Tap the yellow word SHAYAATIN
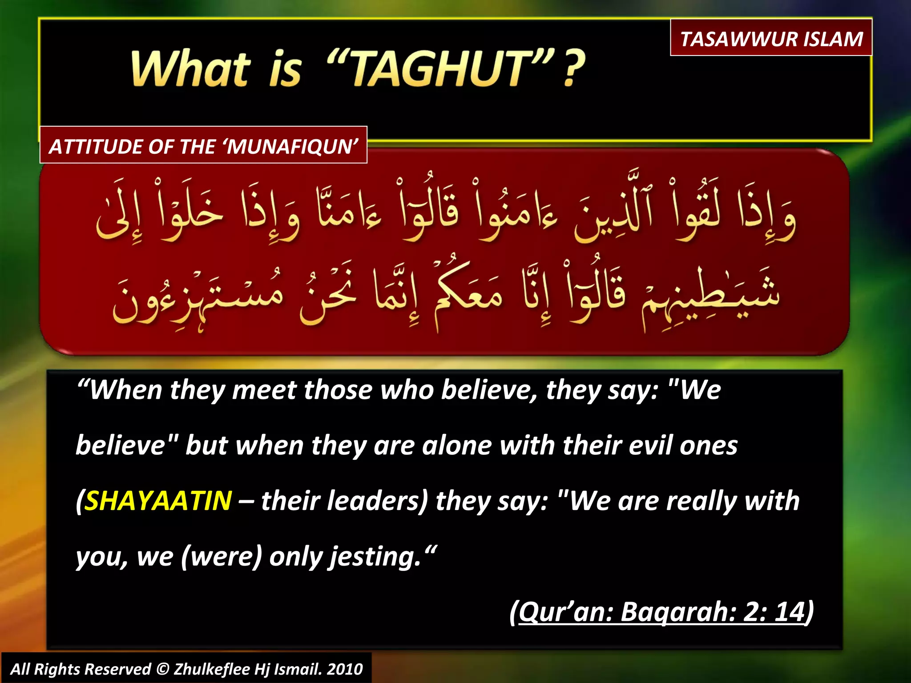point(158,501)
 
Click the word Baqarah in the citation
point(678,611)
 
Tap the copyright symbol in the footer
point(163,669)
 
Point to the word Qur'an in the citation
point(565,611)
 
